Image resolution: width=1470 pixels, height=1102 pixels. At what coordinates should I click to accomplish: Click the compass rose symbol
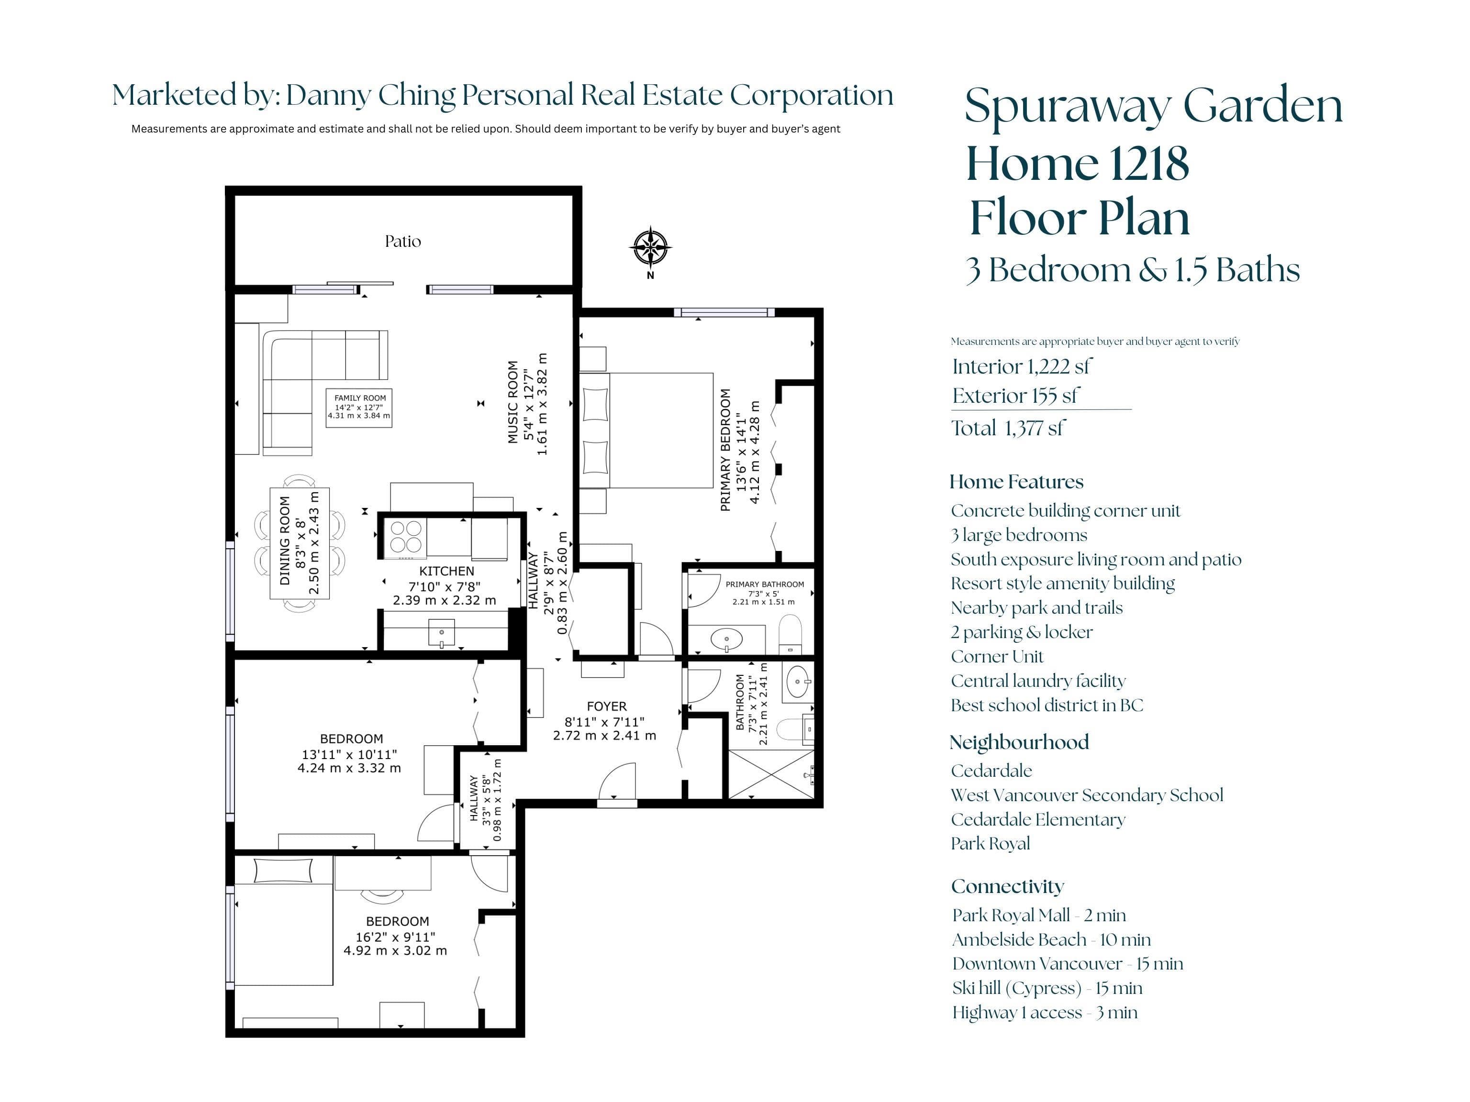[650, 248]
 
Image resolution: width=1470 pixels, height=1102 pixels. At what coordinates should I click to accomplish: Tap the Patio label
[403, 241]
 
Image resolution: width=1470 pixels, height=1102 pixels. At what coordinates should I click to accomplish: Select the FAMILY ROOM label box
[359, 407]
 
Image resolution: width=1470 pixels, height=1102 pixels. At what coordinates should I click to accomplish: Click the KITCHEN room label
[446, 571]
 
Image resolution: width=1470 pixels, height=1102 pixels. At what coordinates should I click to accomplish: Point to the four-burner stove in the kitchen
[405, 537]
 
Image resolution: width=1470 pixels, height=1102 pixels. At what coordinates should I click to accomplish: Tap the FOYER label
[606, 706]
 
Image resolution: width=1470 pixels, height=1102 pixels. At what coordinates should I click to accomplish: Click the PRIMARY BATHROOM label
[764, 584]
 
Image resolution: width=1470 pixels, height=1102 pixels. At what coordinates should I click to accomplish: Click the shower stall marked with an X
[771, 774]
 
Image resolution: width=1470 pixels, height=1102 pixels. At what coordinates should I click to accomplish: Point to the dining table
[300, 543]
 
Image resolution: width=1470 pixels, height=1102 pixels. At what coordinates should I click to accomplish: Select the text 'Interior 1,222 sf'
[1022, 367]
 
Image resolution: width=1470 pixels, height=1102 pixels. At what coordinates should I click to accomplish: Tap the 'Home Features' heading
[1016, 482]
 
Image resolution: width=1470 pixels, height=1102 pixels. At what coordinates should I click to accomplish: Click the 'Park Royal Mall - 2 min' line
[1039, 915]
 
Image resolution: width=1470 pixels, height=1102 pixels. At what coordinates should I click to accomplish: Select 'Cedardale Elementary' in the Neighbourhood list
[1038, 820]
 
